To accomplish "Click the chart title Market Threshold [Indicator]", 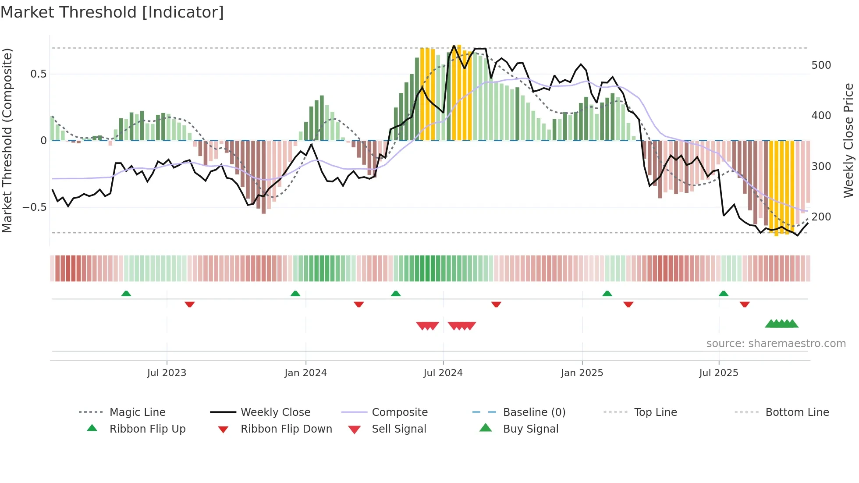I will click(x=112, y=12).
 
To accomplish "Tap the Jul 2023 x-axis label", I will click(x=167, y=373).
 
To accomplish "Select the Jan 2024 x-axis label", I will click(x=305, y=373).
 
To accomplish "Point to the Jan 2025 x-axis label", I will click(x=582, y=373).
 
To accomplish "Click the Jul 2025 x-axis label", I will click(x=719, y=373).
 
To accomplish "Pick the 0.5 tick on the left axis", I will click(x=38, y=74).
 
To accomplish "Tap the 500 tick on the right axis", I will click(x=821, y=65).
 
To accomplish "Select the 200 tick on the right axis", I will click(x=821, y=217).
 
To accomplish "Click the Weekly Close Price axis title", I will click(x=849, y=140).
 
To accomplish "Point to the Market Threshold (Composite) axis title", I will click(x=7, y=140).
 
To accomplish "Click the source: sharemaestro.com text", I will click(x=776, y=344).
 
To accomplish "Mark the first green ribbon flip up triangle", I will click(x=126, y=293).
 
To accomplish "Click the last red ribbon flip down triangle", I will click(x=745, y=304).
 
